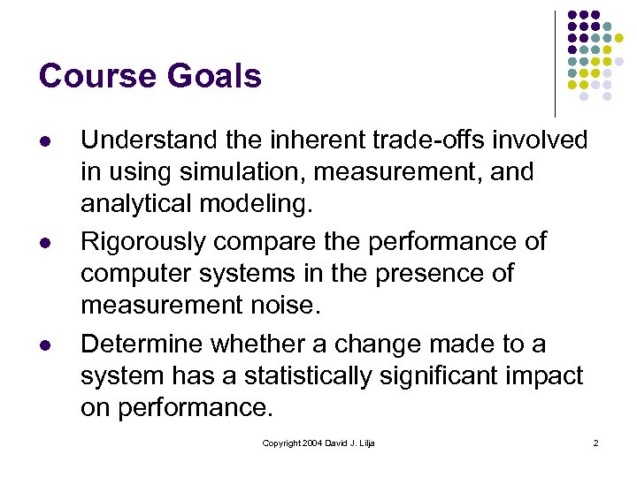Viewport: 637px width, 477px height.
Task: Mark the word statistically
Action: pos(302,375)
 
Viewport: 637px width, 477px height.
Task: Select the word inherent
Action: pos(287,140)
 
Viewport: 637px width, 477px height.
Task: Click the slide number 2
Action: pos(595,443)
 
